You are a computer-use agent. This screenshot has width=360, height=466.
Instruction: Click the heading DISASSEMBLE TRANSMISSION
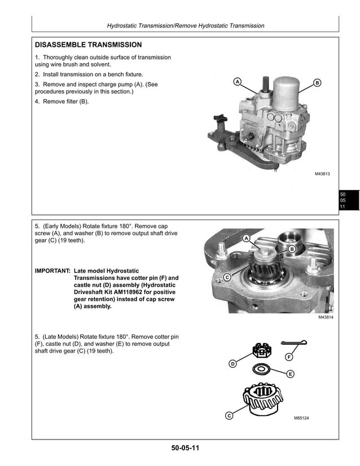89,45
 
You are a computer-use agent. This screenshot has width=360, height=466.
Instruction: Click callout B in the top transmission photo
317,83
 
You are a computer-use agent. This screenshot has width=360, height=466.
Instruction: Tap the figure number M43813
322,174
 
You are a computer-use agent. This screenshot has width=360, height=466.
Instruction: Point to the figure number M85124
301,418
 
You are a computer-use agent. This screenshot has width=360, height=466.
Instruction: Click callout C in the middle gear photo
227,278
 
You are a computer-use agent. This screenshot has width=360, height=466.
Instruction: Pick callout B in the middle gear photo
292,249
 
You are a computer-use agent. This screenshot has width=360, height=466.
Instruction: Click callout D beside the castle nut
232,364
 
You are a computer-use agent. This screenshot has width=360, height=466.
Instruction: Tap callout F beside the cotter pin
288,357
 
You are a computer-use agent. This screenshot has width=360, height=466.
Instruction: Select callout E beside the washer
290,373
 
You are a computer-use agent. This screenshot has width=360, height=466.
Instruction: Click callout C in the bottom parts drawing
229,416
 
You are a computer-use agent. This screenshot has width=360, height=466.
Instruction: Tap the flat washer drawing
261,369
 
